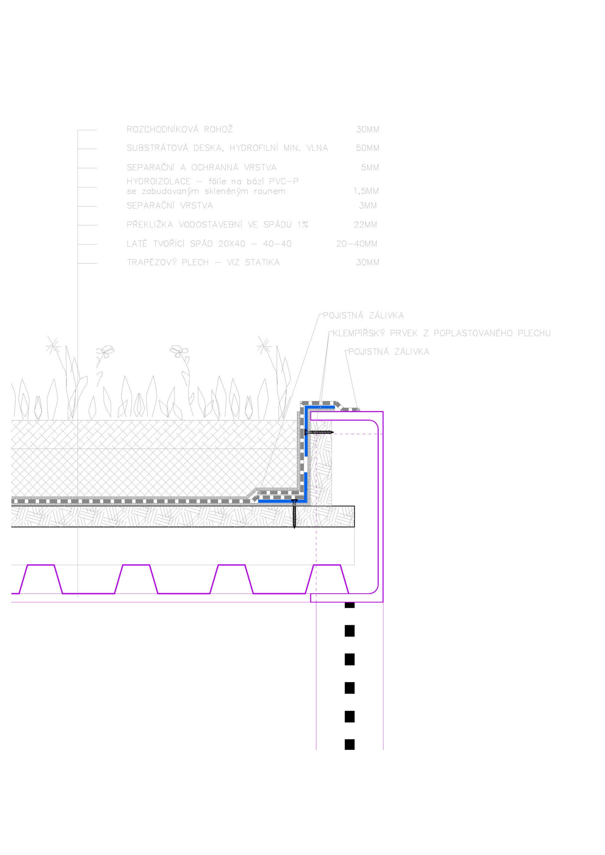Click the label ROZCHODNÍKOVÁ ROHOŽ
coord(180,129)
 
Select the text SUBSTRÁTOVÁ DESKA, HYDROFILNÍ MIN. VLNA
coord(227,148)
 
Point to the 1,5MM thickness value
coord(366,191)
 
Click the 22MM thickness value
coord(365,224)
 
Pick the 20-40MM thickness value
coord(357,244)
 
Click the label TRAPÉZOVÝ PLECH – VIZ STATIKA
coord(203,262)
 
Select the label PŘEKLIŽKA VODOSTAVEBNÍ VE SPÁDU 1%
coord(217,224)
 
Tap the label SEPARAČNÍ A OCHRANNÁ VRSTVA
coord(202,168)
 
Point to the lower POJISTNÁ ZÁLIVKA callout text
coord(389,352)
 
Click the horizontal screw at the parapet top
coord(319,432)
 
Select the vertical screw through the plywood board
coord(294,514)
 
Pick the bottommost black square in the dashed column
coord(350,744)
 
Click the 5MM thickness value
coord(370,168)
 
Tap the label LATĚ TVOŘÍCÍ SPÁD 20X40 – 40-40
coord(209,244)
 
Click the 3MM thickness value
coord(368,205)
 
